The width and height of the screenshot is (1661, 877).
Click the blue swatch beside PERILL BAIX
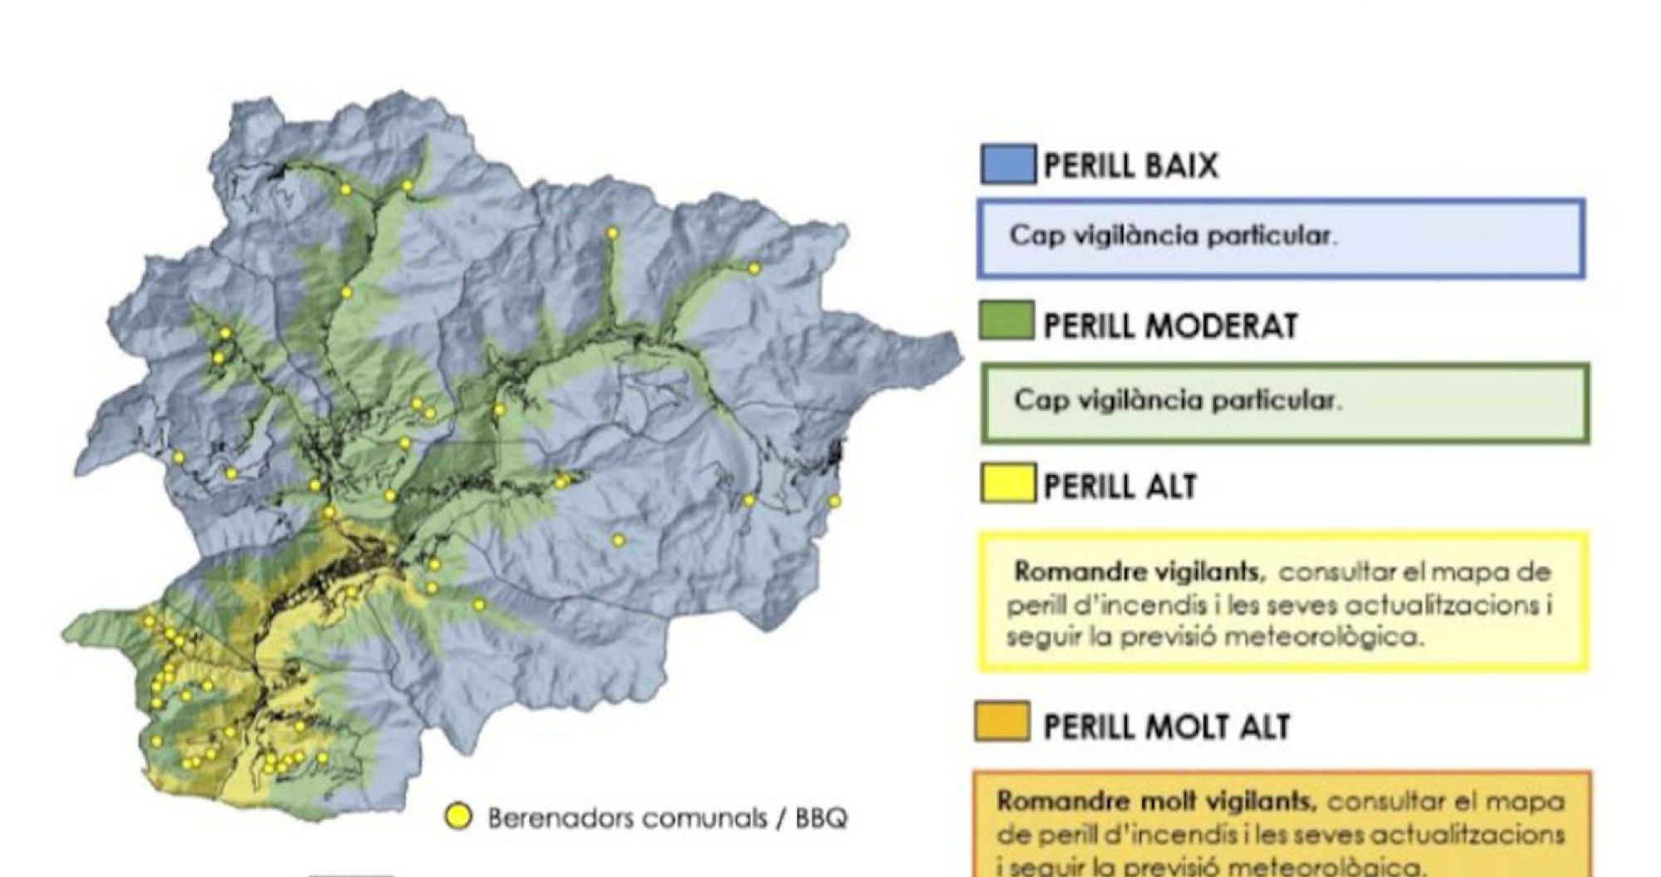click(x=1007, y=164)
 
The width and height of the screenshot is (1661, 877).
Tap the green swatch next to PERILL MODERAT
click(x=1007, y=321)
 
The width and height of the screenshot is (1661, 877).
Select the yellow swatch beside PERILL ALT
click(x=1007, y=483)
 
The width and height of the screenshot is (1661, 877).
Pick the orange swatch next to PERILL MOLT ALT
click(x=1002, y=721)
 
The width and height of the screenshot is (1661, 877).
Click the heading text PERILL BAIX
click(x=1130, y=165)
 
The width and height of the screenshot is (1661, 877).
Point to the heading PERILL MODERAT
click(x=1170, y=326)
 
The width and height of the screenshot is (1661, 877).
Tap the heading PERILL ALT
click(x=1120, y=486)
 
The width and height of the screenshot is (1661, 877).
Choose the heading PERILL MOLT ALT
click(x=1166, y=727)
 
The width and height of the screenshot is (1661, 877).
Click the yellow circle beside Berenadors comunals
click(x=458, y=816)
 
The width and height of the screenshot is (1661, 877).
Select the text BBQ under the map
click(x=821, y=818)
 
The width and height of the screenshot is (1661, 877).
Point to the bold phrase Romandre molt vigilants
click(x=1156, y=801)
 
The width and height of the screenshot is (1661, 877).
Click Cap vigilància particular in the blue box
click(x=1173, y=236)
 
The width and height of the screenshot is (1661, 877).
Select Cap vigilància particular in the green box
click(x=1177, y=400)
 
